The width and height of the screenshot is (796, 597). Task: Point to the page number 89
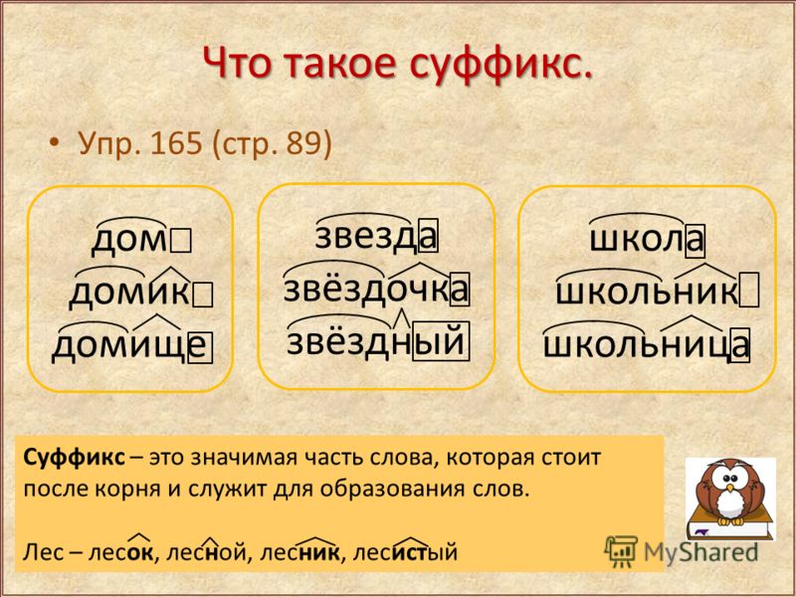click(303, 143)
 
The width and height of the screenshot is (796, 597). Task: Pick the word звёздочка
click(376, 290)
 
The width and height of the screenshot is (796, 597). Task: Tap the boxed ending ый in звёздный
click(441, 341)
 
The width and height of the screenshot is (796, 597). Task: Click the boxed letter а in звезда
click(428, 235)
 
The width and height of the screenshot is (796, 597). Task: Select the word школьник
click(647, 292)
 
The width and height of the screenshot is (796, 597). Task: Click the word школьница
click(646, 344)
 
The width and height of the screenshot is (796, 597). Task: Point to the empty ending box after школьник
click(749, 291)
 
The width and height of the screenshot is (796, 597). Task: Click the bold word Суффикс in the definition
click(74, 458)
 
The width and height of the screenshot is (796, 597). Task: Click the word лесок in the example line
click(120, 552)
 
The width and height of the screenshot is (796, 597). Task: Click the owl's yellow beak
click(730, 488)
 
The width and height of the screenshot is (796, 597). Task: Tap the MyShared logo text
click(700, 552)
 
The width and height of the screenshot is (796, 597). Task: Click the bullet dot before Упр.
click(55, 144)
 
